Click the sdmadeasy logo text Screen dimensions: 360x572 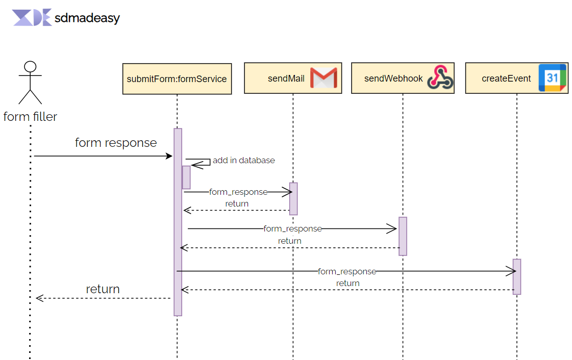(87, 18)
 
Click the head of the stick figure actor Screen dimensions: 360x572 (31, 67)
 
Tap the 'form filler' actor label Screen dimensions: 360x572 (30, 117)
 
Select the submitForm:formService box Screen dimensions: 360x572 (177, 79)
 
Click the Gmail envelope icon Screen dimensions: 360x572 (324, 78)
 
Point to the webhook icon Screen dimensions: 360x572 (440, 78)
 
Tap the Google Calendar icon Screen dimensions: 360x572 (552, 78)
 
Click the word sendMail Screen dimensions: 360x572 (286, 79)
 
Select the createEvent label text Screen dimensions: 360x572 (506, 79)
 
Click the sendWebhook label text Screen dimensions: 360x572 (393, 79)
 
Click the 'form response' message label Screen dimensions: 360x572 (116, 143)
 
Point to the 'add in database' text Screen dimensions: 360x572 (243, 160)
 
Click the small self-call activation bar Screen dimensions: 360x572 (186, 177)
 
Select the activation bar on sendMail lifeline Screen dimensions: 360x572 (293, 198)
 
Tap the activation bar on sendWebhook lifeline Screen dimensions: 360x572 (403, 236)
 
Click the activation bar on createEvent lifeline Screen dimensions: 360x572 (517, 276)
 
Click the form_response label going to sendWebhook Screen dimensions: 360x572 (292, 228)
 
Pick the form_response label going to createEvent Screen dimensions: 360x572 (347, 271)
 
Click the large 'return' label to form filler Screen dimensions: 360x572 (103, 289)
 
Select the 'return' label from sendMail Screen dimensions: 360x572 (237, 203)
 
